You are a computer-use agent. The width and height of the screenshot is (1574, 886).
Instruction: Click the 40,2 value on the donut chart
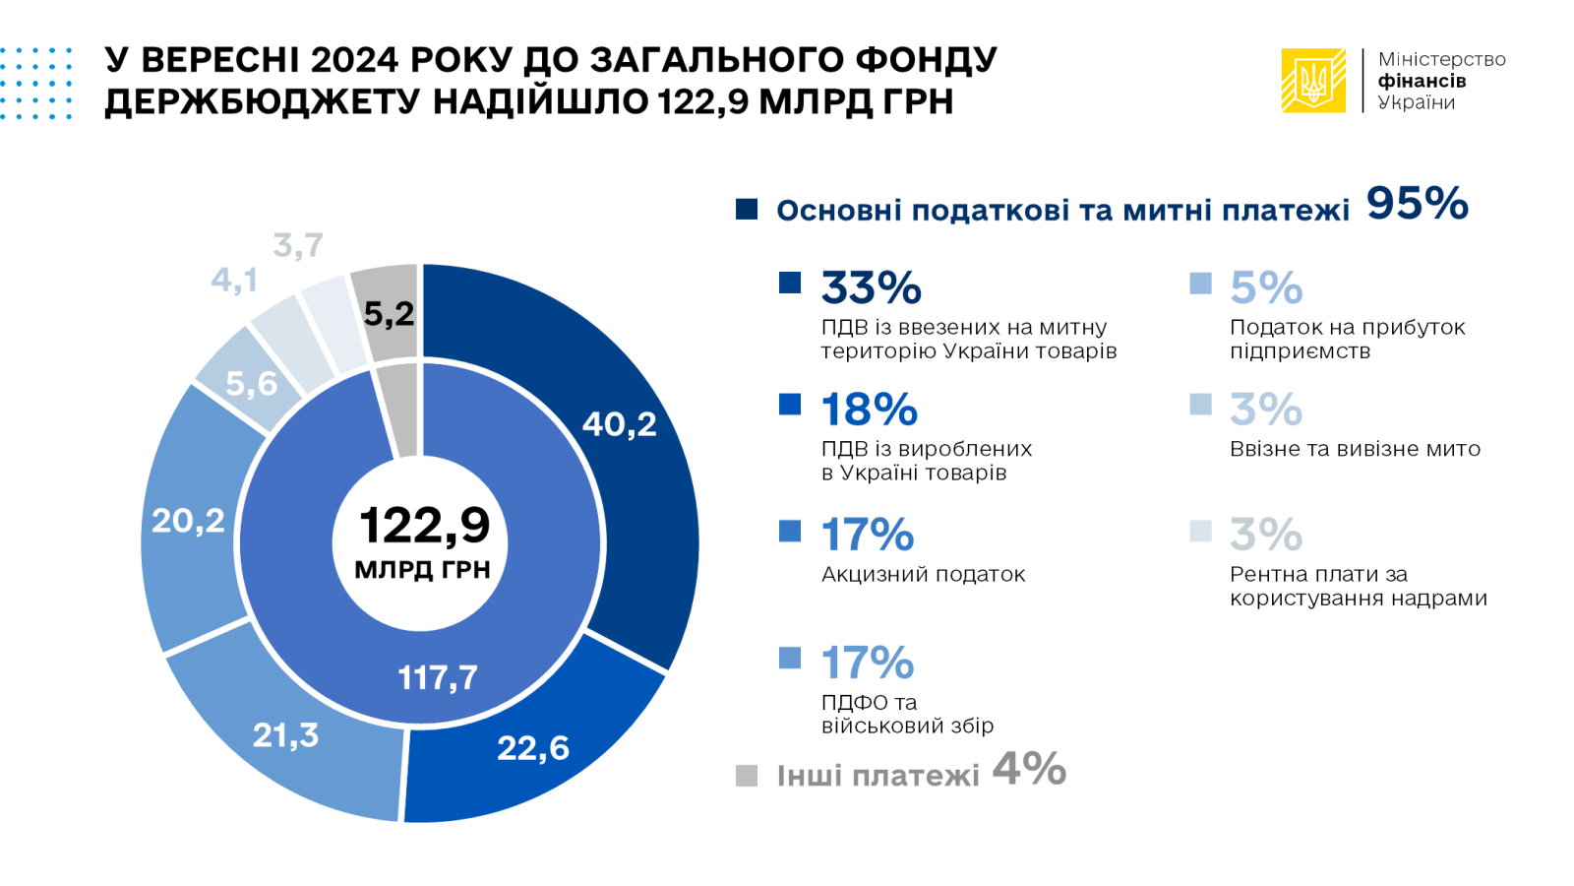(x=619, y=424)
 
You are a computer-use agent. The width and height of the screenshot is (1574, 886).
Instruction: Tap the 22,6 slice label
(x=533, y=748)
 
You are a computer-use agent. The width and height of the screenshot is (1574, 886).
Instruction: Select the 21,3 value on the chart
(x=285, y=734)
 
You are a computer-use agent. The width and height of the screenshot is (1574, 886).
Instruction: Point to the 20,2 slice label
(x=188, y=520)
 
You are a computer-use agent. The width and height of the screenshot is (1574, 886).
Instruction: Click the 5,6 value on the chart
(x=252, y=383)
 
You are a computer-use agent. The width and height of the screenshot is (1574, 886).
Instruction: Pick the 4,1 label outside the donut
(x=234, y=281)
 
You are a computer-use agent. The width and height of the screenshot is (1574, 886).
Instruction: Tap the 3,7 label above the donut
(x=298, y=245)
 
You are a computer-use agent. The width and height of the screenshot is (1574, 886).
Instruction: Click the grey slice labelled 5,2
(x=389, y=314)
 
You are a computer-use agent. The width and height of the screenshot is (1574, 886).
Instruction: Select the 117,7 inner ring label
(x=438, y=677)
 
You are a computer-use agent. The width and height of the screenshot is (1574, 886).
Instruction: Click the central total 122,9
(x=424, y=525)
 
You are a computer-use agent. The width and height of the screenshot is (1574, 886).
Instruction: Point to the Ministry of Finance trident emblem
(x=1312, y=81)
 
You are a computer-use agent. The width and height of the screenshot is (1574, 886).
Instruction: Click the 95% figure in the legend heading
(x=1417, y=204)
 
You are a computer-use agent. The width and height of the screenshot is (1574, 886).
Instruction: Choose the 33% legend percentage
(x=871, y=288)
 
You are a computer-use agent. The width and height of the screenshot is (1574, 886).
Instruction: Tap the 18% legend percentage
(x=869, y=410)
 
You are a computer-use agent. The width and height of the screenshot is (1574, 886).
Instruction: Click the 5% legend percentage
(x=1266, y=288)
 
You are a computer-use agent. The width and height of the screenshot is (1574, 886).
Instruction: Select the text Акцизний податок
(x=923, y=574)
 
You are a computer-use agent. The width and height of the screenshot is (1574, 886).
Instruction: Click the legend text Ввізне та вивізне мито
(x=1355, y=449)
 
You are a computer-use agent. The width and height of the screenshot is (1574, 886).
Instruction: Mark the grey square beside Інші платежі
(x=747, y=776)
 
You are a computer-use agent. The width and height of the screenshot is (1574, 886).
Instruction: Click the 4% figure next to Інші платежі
(x=1029, y=769)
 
